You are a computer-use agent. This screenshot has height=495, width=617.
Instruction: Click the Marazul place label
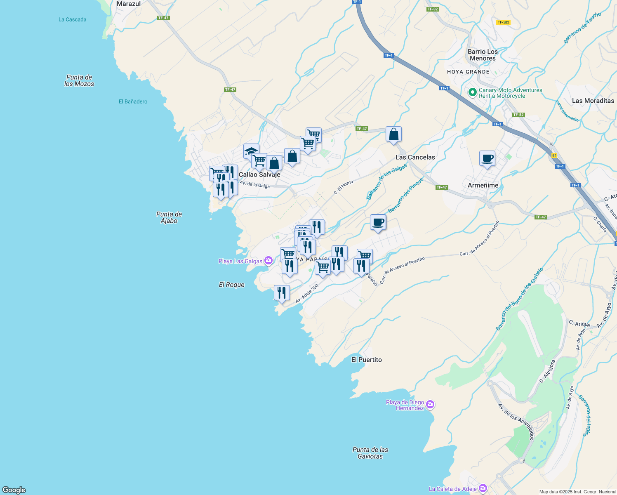(x=129, y=4)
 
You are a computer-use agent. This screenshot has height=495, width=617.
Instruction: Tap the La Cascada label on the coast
(x=73, y=19)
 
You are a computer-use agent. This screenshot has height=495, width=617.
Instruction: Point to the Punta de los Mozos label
(x=79, y=80)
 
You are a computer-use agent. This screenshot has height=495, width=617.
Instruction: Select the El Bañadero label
(x=133, y=101)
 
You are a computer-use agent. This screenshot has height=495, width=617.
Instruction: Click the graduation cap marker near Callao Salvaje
(x=251, y=151)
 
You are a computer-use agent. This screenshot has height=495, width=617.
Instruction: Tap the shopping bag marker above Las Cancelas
(x=393, y=134)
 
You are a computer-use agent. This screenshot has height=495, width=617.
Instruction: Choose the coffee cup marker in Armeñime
(x=487, y=158)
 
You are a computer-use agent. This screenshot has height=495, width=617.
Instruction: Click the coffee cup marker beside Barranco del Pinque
(x=378, y=222)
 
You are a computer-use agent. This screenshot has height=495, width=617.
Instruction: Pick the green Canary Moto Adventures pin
(x=473, y=92)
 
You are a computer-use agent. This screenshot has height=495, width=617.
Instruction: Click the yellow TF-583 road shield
(x=503, y=22)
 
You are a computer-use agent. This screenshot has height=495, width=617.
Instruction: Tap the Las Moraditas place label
(x=593, y=101)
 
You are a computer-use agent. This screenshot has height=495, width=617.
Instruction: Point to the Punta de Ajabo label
(x=169, y=217)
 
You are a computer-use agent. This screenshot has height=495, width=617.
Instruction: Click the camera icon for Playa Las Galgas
(x=268, y=260)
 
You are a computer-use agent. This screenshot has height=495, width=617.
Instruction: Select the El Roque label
(x=231, y=285)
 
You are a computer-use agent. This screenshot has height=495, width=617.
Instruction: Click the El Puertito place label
(x=366, y=360)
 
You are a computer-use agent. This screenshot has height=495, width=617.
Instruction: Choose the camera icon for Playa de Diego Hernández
(x=430, y=405)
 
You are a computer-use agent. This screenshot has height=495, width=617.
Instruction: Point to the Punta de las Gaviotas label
(x=370, y=453)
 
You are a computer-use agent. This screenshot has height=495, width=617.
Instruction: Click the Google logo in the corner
(x=14, y=490)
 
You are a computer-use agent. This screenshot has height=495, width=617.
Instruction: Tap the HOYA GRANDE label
(x=468, y=72)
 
